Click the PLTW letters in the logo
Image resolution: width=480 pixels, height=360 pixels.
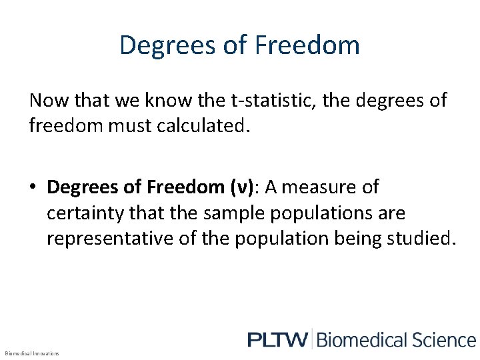(x=278, y=339)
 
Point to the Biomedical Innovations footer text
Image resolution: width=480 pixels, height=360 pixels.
(x=32, y=353)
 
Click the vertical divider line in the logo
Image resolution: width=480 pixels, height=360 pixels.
(x=312, y=339)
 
